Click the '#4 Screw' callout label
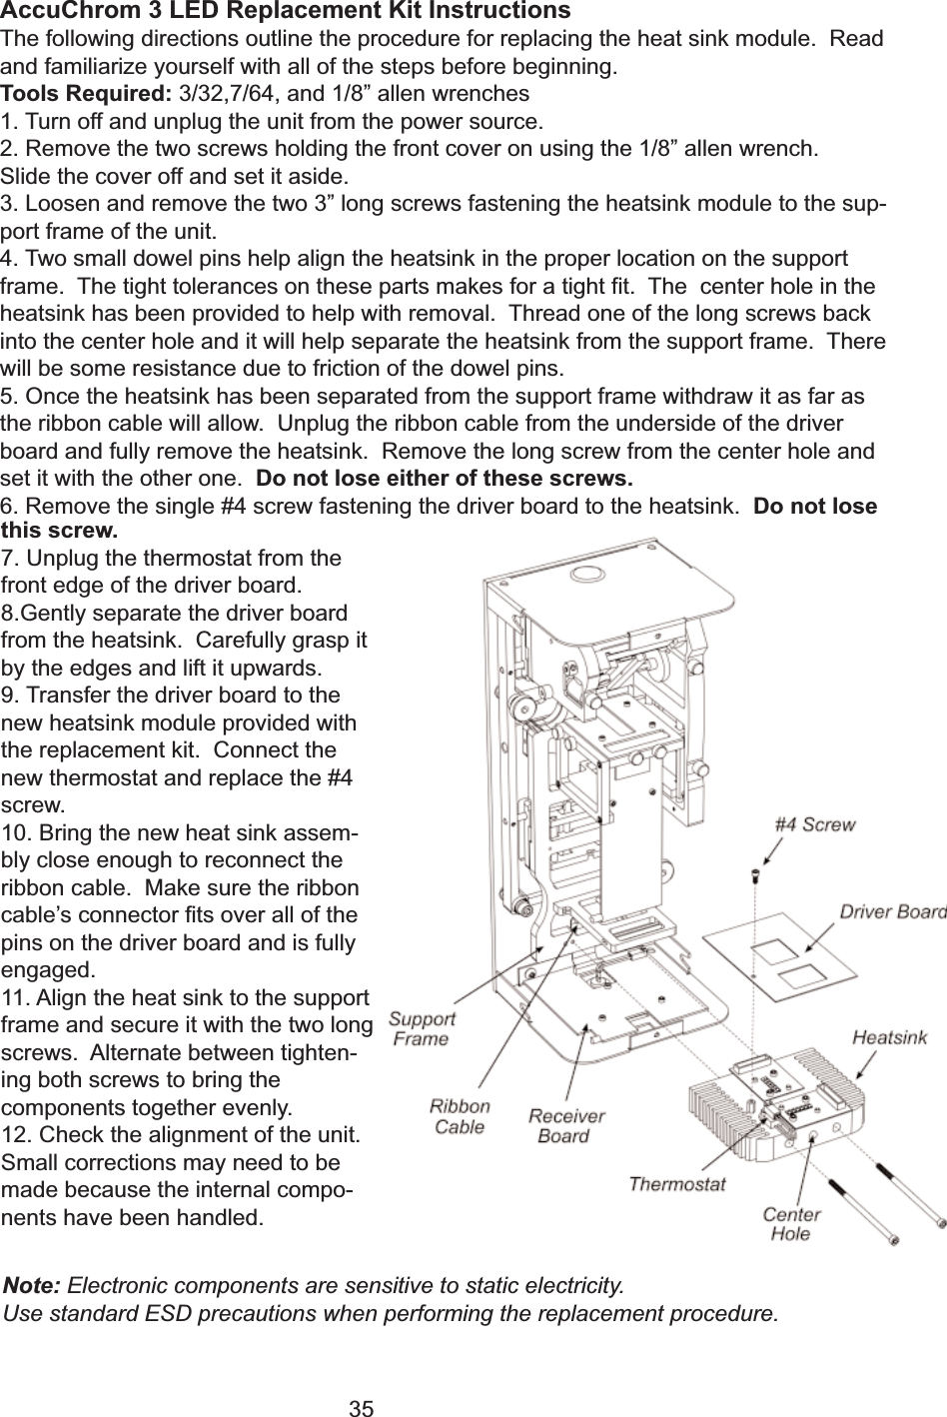[815, 825]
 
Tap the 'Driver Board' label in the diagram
[892, 911]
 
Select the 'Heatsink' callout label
[889, 1038]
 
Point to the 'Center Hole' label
[791, 1224]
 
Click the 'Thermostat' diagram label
[676, 1184]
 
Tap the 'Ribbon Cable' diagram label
[460, 1116]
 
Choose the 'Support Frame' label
[422, 1028]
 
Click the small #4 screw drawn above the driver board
[755, 876]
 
